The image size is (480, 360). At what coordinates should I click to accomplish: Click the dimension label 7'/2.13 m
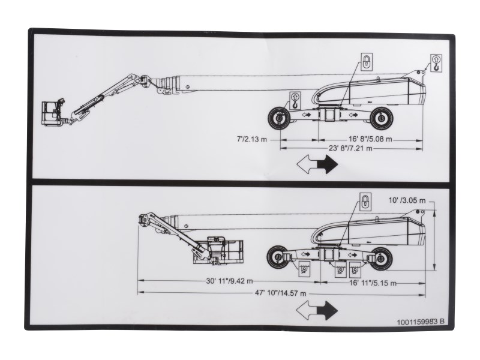click(252, 139)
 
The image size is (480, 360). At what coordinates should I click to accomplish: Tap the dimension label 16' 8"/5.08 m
click(370, 139)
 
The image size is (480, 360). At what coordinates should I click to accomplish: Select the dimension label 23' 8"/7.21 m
click(350, 148)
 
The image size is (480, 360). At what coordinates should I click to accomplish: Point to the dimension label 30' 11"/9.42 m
click(230, 281)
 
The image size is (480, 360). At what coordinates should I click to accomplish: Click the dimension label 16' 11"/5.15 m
click(373, 283)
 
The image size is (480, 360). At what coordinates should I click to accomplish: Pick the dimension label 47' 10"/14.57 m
click(280, 293)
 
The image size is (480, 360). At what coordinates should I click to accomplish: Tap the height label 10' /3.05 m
click(407, 200)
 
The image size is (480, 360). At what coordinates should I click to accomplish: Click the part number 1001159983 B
click(421, 322)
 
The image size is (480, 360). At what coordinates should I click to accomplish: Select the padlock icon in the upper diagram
click(366, 61)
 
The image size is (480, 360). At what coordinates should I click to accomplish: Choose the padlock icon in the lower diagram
click(365, 202)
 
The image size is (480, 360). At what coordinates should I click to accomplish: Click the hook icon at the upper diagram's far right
click(436, 63)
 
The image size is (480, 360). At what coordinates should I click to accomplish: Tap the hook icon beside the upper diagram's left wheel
click(295, 101)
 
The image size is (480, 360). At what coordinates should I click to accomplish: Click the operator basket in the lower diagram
click(218, 250)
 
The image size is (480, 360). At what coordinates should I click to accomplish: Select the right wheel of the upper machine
click(381, 118)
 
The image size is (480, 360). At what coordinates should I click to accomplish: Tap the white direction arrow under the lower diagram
click(306, 310)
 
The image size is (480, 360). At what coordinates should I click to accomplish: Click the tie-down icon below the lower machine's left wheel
click(304, 269)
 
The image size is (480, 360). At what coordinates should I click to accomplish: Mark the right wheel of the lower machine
click(381, 259)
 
